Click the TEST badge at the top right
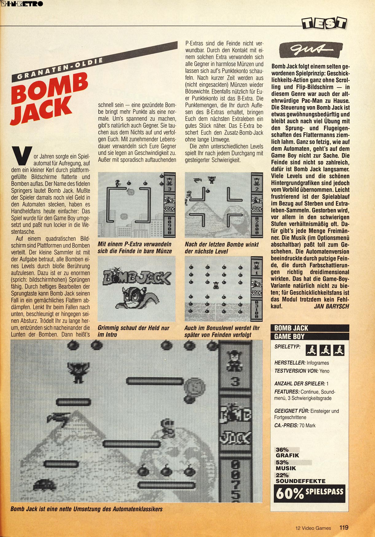point(324,23)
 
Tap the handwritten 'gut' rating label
point(311,50)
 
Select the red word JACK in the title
point(41,111)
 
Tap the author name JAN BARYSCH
point(331,306)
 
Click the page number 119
point(344,527)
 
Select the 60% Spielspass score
point(309,493)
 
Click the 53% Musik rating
point(286,465)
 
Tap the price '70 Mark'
point(307,425)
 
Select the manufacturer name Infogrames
point(318,363)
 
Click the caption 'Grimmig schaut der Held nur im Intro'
point(133,331)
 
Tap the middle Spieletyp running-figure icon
point(325,350)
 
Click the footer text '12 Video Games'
point(313,528)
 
